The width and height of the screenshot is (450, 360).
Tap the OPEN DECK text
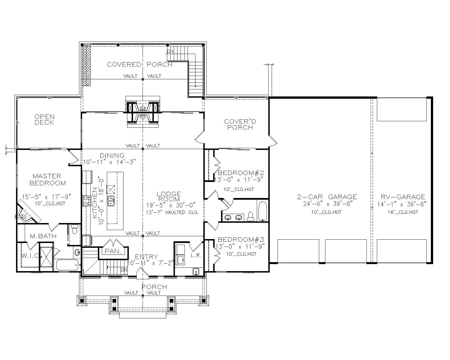point(44,120)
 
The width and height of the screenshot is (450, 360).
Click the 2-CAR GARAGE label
point(327,197)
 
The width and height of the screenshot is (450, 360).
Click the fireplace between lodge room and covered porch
point(143,112)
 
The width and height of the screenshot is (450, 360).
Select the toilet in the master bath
point(75,230)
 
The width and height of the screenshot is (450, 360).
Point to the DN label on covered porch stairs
point(170,51)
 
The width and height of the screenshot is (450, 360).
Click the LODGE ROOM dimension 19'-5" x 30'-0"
point(171,205)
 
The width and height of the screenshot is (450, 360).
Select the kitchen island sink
point(111,201)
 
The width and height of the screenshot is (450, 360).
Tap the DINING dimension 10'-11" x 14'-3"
point(109,162)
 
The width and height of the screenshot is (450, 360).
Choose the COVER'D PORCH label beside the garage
point(240,124)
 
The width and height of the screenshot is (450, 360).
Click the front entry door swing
point(141,273)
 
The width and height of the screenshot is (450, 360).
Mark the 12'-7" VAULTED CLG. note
point(172,212)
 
